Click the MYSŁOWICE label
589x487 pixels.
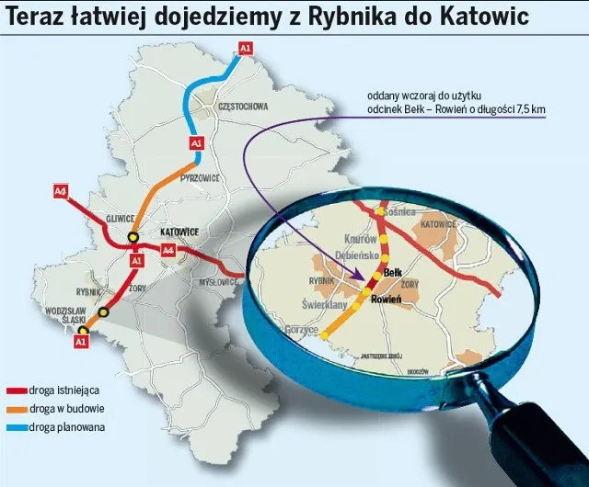(220, 281)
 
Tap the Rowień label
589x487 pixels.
(385, 300)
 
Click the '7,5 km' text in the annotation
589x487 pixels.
(529, 109)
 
